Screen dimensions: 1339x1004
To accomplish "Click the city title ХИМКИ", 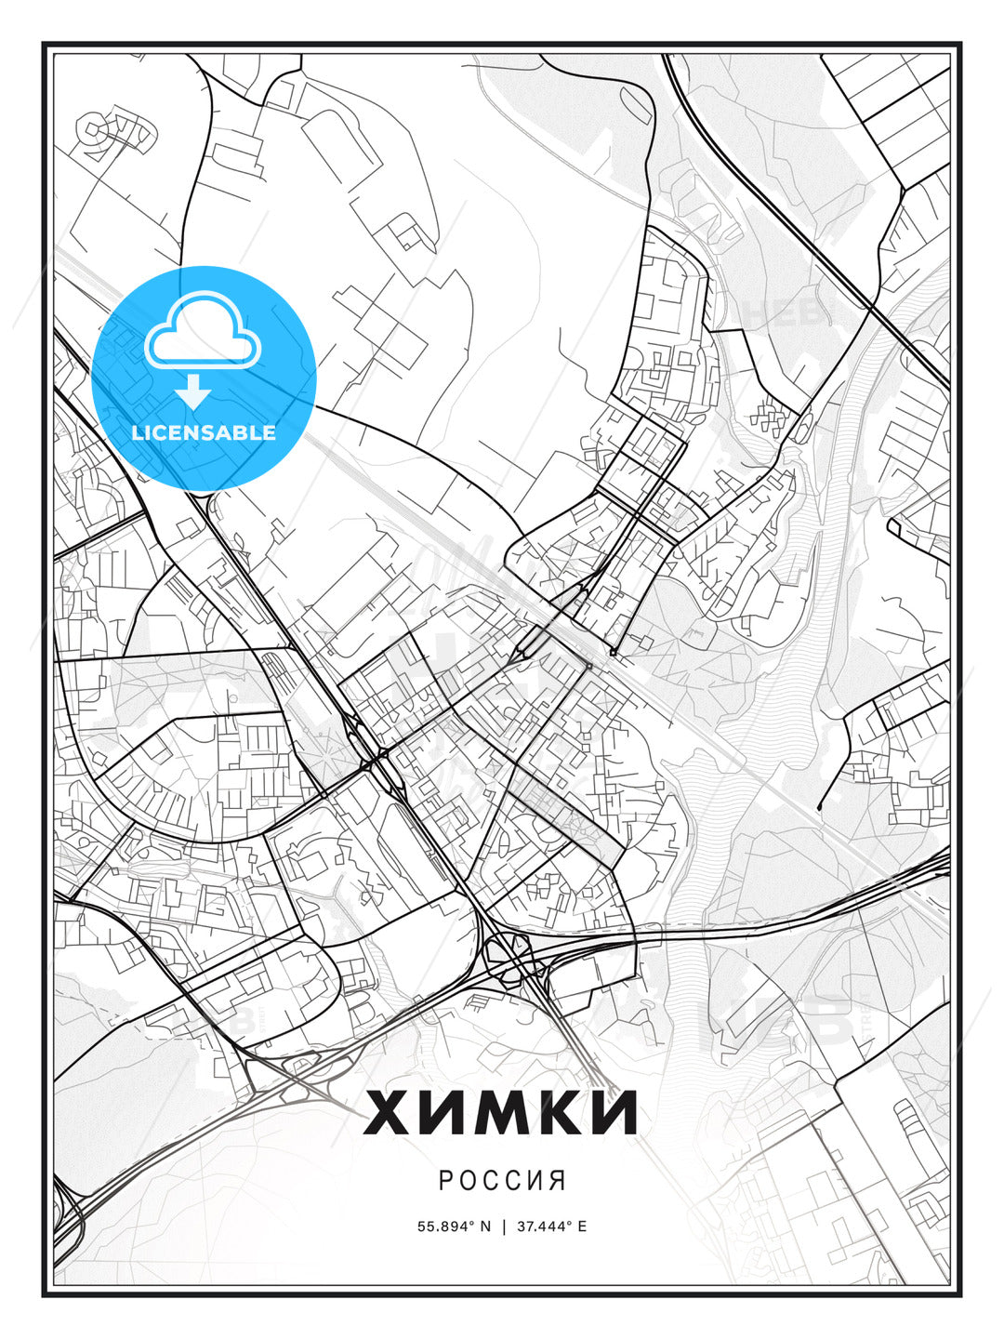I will (501, 1112).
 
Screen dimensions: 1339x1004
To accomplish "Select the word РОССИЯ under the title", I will (502, 1181).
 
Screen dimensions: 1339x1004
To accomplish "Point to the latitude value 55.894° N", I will (454, 1226).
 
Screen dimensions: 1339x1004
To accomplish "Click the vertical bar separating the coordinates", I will (503, 1226).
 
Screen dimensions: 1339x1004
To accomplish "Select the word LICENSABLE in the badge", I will (204, 432).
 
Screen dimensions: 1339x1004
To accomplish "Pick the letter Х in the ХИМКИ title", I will (388, 1112).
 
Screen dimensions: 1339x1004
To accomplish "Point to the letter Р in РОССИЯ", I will (445, 1181).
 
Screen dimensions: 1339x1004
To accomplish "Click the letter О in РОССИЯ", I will (467, 1181).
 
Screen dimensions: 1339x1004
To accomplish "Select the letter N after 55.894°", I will (484, 1226).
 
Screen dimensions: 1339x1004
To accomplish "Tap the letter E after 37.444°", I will (582, 1226).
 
